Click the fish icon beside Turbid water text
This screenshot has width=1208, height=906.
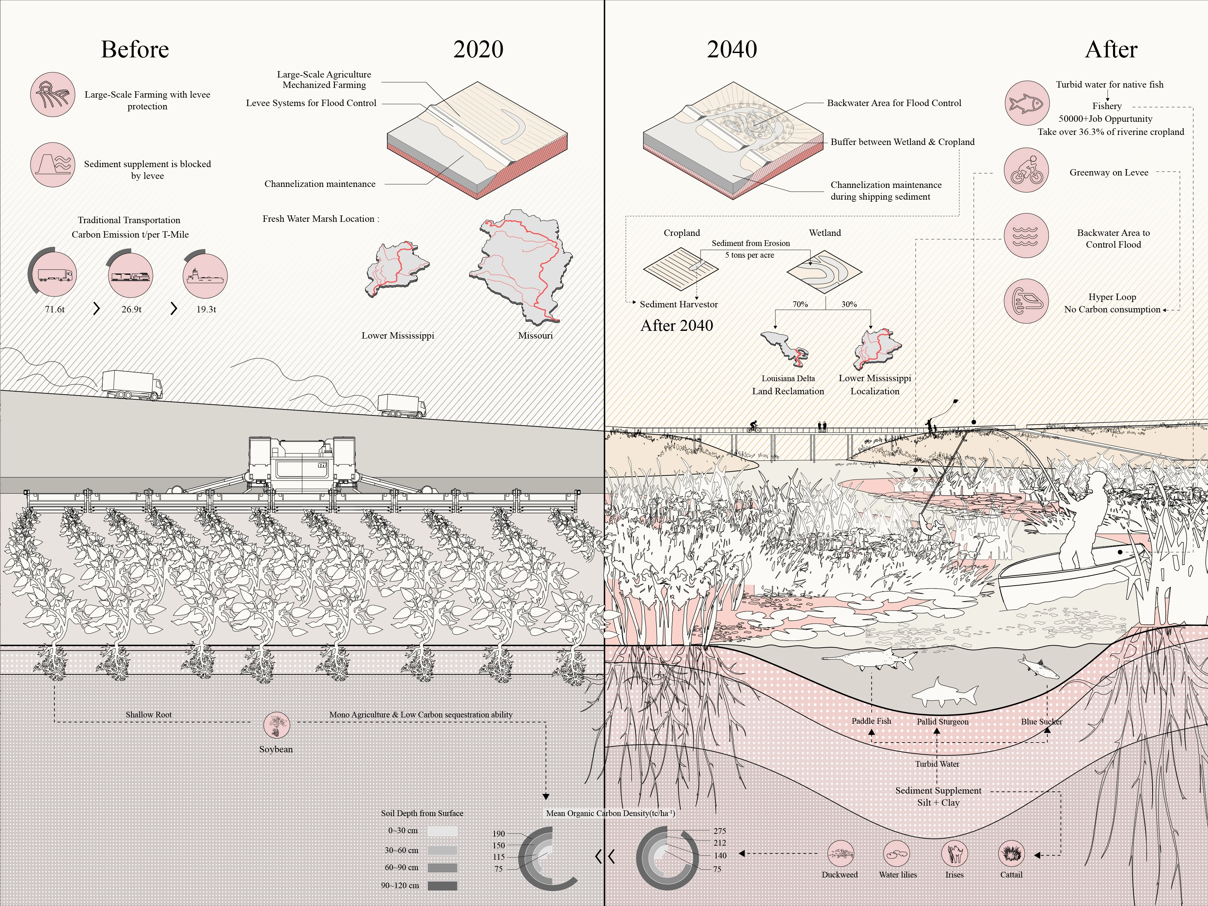click(x=1027, y=103)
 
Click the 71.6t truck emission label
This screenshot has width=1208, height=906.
click(x=55, y=309)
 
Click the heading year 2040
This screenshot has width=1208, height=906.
click(x=732, y=49)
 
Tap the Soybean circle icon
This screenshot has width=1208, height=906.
click(x=276, y=725)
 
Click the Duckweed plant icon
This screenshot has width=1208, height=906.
click(x=840, y=854)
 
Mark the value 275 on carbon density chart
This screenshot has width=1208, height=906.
click(x=719, y=830)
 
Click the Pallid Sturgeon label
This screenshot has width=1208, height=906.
click(x=943, y=721)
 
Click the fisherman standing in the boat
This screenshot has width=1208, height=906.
click(x=1084, y=519)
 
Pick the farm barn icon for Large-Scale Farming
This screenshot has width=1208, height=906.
click(x=52, y=94)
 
